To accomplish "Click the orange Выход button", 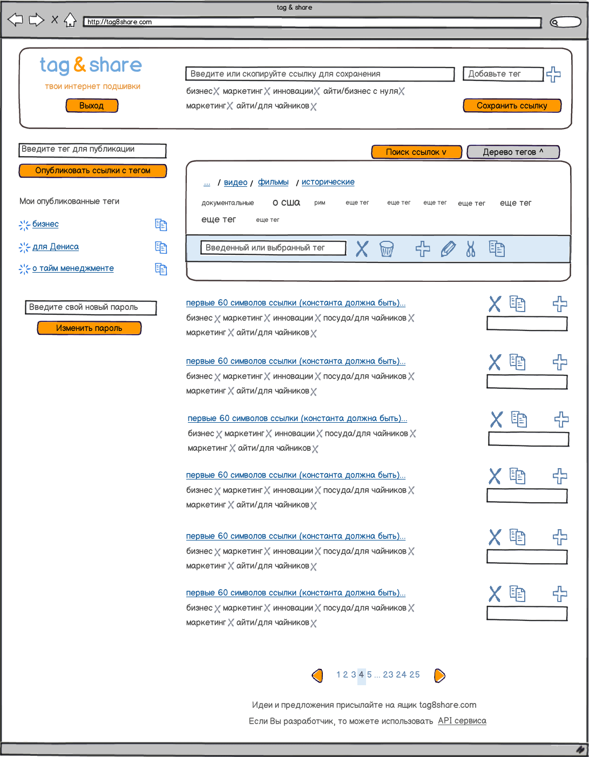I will click(92, 106).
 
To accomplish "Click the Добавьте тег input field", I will click(503, 74).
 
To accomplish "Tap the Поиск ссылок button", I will click(416, 152).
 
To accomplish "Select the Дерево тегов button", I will click(513, 152).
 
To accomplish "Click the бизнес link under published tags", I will click(45, 224).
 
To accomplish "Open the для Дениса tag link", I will click(56, 247).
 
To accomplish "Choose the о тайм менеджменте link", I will click(73, 268).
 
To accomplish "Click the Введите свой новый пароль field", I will click(91, 307).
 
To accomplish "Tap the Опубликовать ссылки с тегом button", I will click(93, 171).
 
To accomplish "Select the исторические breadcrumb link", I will click(328, 182).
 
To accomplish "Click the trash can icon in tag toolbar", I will click(387, 249).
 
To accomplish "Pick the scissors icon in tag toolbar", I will click(471, 249).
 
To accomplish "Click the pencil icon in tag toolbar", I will click(448, 249).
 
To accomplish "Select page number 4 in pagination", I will click(361, 675).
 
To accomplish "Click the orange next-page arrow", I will click(439, 675).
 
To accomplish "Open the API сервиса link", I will click(462, 721).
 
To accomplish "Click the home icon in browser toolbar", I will click(70, 21).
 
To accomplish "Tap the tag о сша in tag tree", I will click(286, 202).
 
